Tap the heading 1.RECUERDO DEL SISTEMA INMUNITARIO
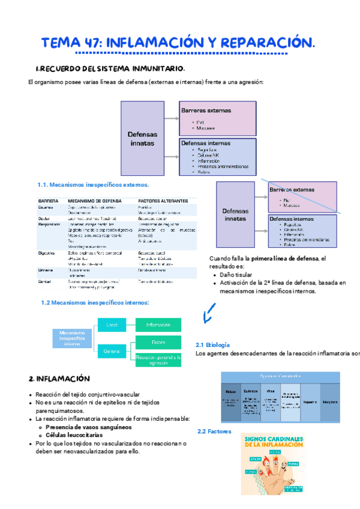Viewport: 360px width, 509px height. coord(110,68)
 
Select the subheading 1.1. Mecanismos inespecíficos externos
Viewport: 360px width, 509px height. coord(93,185)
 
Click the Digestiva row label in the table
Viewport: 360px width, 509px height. coord(47,253)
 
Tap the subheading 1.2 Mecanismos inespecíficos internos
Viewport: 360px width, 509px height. coord(95,303)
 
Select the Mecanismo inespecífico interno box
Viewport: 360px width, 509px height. coord(73,339)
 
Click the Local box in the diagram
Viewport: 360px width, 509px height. coord(112,325)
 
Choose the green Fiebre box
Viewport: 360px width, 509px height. coord(158,343)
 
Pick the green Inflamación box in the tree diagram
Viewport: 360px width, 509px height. coord(158,325)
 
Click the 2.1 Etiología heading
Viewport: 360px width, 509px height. coord(213,345)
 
